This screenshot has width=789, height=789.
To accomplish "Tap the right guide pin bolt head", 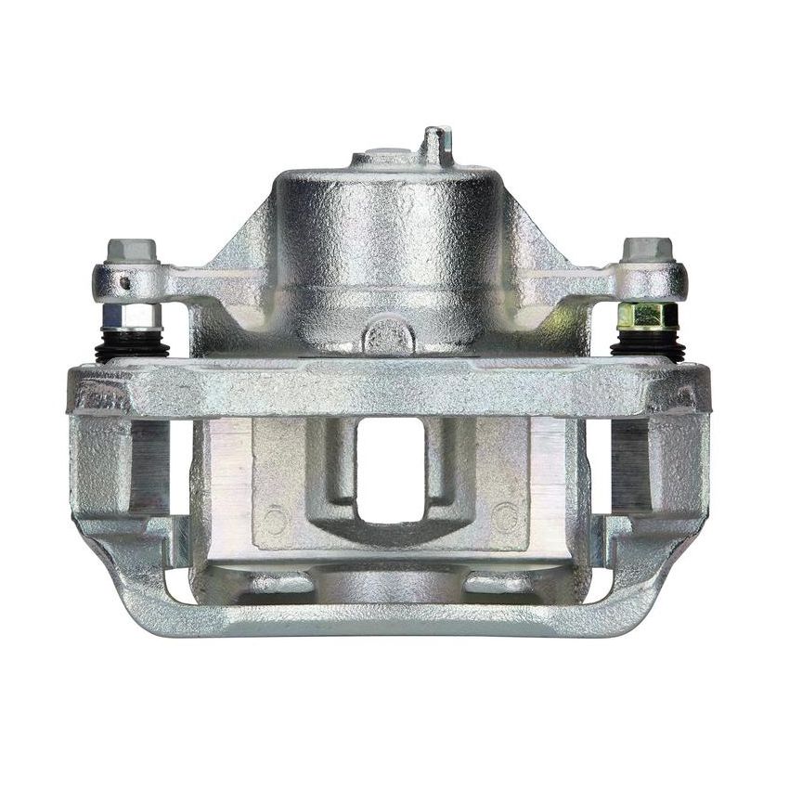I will pos(647,250).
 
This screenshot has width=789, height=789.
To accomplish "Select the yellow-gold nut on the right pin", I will pos(647,316).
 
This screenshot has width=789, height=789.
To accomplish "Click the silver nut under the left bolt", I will pos(131,316).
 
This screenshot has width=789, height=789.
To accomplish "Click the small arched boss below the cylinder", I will pos(389,335).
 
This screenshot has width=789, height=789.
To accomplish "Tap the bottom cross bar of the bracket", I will pos(389,618).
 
